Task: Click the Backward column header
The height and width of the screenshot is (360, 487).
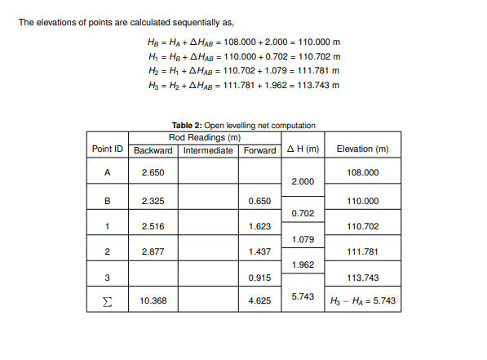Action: point(153,150)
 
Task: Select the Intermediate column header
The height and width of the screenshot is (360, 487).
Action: point(208,150)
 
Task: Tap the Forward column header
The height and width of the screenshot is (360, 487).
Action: point(259,150)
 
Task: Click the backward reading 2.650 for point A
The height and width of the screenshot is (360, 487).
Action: point(153,173)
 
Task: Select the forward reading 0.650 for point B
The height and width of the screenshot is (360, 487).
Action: point(259,200)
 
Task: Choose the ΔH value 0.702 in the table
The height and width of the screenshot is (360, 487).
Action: point(303,212)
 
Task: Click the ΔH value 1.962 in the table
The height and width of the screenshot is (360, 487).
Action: point(303,264)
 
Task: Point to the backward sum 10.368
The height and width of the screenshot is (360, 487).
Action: point(153,301)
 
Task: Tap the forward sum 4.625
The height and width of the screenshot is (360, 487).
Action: point(259,301)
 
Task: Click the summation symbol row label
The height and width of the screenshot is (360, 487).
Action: point(108,301)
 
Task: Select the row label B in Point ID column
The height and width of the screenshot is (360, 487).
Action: point(108,200)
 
